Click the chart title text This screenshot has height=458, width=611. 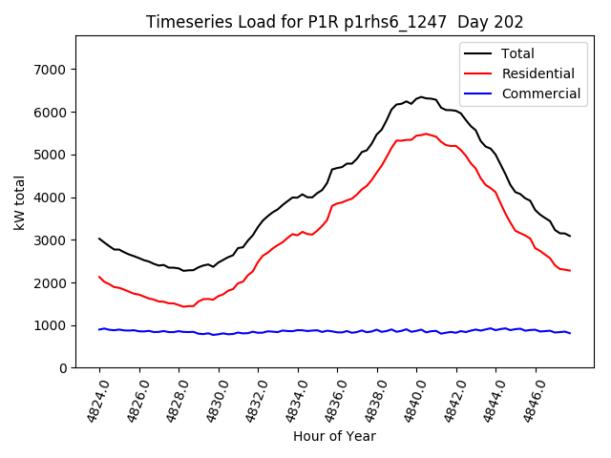pos(334,21)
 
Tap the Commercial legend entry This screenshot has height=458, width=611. pos(540,94)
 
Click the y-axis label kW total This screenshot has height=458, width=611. pos(19,202)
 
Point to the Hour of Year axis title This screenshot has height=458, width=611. pos(334,436)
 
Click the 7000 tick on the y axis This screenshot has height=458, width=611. pos(49,70)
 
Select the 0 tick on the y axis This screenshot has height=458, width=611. pos(62,368)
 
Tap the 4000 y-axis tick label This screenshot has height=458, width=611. pos(49,198)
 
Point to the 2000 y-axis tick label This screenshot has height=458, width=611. pos(49,283)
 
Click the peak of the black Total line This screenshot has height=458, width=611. pos(421,96)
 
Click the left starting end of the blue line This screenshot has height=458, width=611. pos(99,329)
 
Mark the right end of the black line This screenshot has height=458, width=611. pos(570,236)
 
